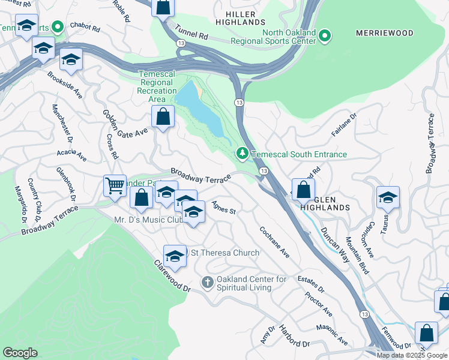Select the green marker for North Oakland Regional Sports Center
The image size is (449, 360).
[x=325, y=36]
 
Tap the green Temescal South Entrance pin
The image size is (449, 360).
[x=243, y=154]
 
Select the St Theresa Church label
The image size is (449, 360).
[x=225, y=253]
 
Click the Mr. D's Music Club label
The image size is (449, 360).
[x=148, y=220]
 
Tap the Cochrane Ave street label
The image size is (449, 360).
[x=274, y=242]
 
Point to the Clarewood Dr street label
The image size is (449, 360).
[x=171, y=276]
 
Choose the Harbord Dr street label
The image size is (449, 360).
[x=294, y=337]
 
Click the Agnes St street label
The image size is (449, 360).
[x=223, y=208]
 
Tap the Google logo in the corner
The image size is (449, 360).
[x=20, y=353]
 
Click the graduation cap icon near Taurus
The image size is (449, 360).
[x=388, y=197]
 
